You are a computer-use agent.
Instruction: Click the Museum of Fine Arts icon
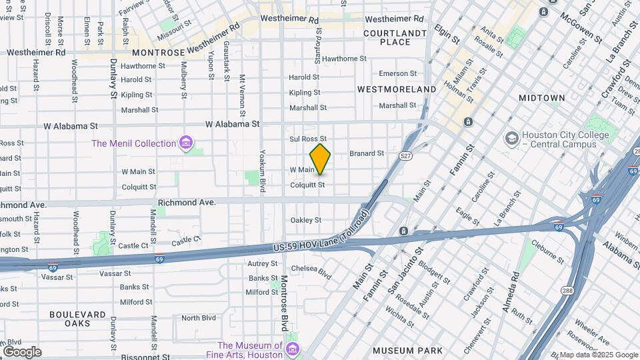click(x=292, y=349)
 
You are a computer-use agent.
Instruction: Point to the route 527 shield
click(x=405, y=155)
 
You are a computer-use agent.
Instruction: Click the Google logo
click(x=22, y=351)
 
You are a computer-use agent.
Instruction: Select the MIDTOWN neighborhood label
click(x=541, y=98)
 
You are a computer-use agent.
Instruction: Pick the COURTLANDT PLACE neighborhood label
click(x=395, y=37)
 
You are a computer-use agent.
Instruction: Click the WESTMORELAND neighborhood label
click(x=396, y=89)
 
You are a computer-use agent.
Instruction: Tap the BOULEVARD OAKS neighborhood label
click(x=77, y=319)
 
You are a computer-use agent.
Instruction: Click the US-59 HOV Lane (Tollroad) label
click(x=321, y=238)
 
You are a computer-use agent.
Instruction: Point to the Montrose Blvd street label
click(x=285, y=303)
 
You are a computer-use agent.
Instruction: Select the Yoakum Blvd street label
click(x=263, y=172)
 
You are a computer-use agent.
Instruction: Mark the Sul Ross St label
click(x=307, y=139)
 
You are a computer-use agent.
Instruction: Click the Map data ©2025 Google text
click(x=598, y=355)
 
